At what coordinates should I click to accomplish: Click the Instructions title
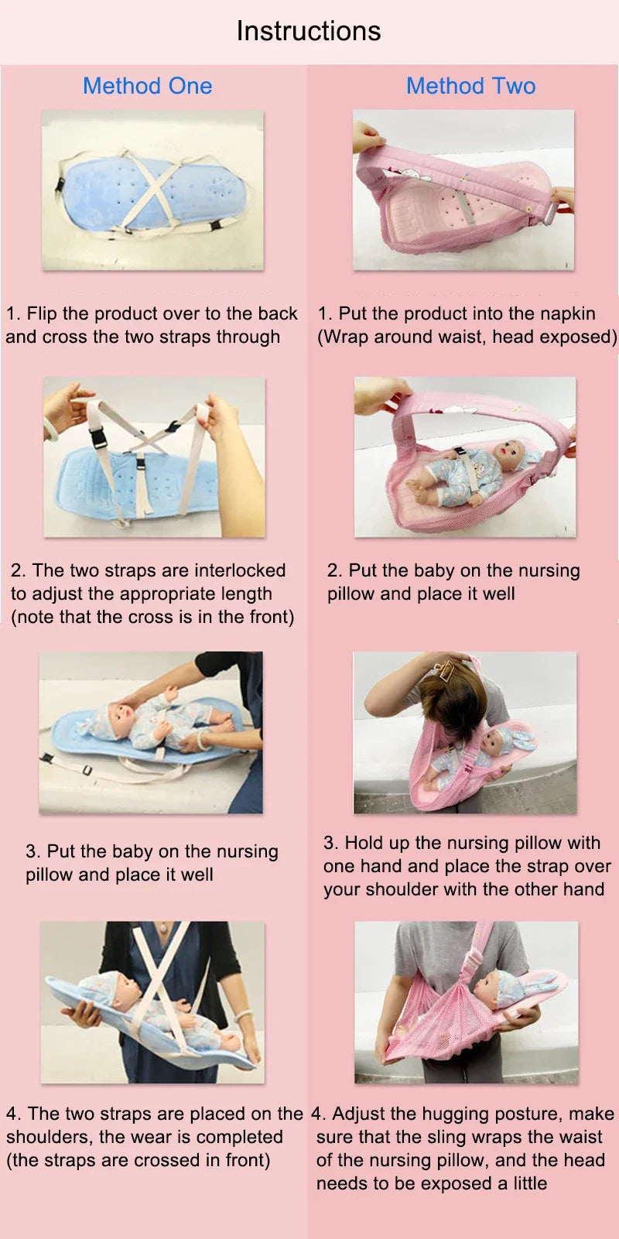click(x=309, y=31)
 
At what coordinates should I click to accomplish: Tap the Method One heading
click(x=148, y=86)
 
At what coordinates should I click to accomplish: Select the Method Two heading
click(x=470, y=86)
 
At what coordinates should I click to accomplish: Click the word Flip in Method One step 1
click(x=42, y=313)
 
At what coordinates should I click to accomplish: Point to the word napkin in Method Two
click(x=563, y=314)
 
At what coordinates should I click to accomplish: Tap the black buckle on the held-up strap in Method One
click(x=100, y=439)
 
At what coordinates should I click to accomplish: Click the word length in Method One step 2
click(x=248, y=594)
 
